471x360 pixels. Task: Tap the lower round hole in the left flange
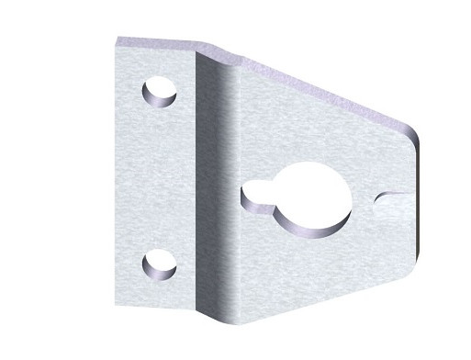coord(160,264)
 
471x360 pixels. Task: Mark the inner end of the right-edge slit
coord(377,196)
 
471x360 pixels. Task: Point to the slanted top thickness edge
coord(321,87)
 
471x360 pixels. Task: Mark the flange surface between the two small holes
coord(158,179)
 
